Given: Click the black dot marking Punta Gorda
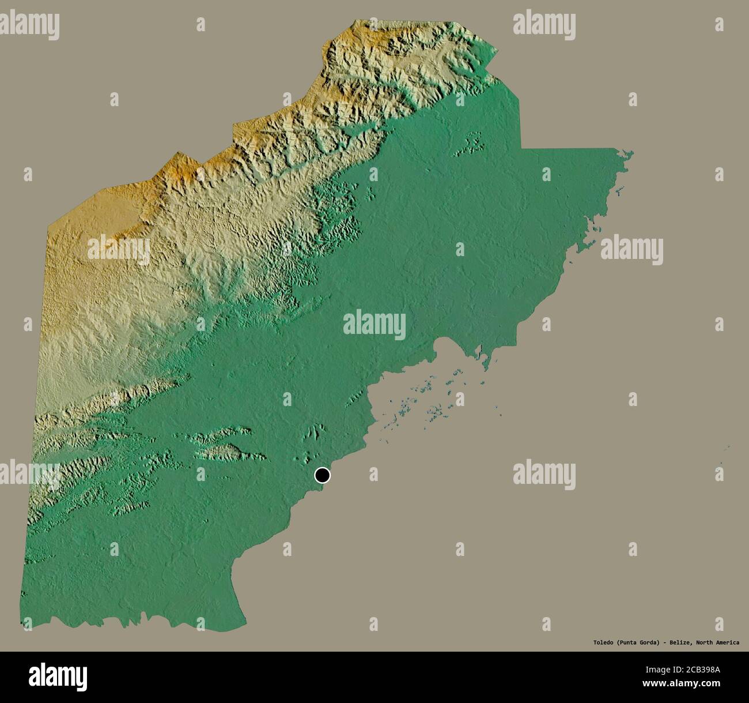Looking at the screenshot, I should [323, 475].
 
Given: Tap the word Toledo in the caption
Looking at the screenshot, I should [604, 642].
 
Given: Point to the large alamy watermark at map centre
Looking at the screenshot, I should [374, 324].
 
